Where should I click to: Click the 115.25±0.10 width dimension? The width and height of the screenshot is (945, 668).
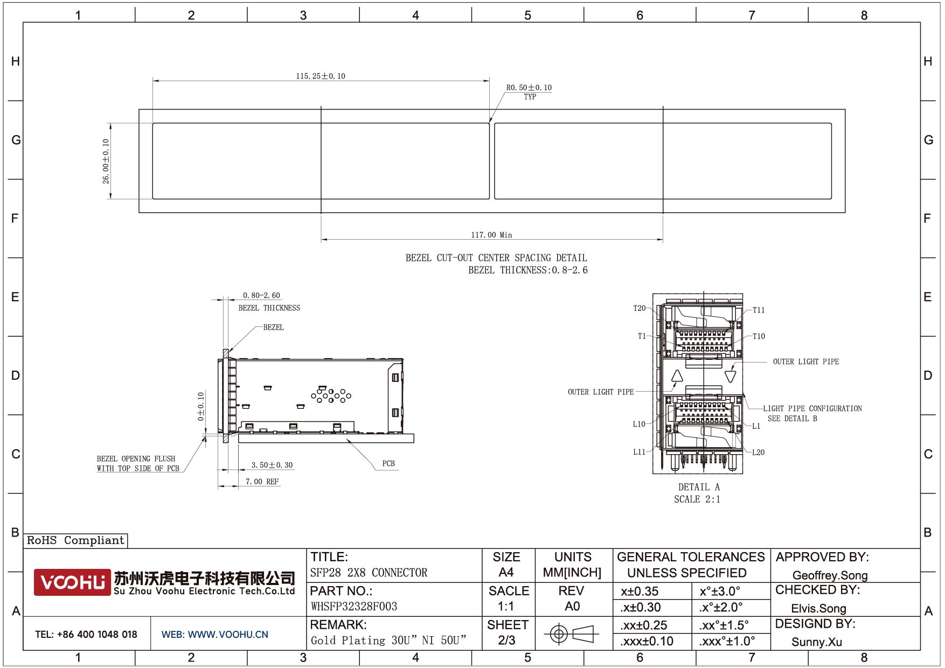pyautogui.click(x=321, y=76)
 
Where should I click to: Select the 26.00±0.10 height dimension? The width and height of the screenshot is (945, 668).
pyautogui.click(x=106, y=161)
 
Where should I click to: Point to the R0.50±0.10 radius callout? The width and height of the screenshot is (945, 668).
pyautogui.click(x=529, y=87)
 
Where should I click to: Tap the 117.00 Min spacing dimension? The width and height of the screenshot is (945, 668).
pyautogui.click(x=491, y=235)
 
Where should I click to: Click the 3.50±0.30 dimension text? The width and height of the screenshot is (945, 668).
pyautogui.click(x=272, y=465)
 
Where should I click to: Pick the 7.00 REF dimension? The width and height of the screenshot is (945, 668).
pyautogui.click(x=262, y=482)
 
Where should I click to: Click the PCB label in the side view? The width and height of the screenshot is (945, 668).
pyautogui.click(x=388, y=463)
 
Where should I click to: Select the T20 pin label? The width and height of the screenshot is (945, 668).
pyautogui.click(x=640, y=308)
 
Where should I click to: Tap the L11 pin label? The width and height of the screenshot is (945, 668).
pyautogui.click(x=639, y=452)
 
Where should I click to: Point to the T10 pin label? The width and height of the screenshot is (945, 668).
pyautogui.click(x=759, y=336)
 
